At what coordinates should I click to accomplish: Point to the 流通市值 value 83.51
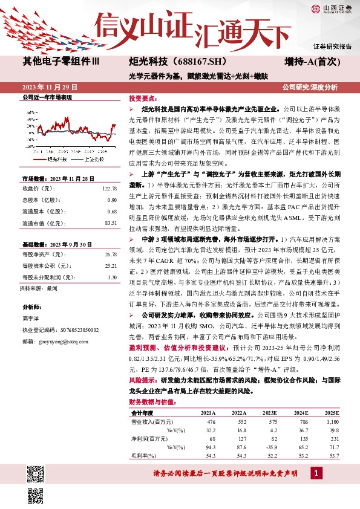click(x=110, y=223)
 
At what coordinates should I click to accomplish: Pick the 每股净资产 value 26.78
click(x=110, y=254)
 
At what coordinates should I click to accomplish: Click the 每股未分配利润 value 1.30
click(x=111, y=277)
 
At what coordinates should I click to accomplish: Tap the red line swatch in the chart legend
click(x=36, y=160)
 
